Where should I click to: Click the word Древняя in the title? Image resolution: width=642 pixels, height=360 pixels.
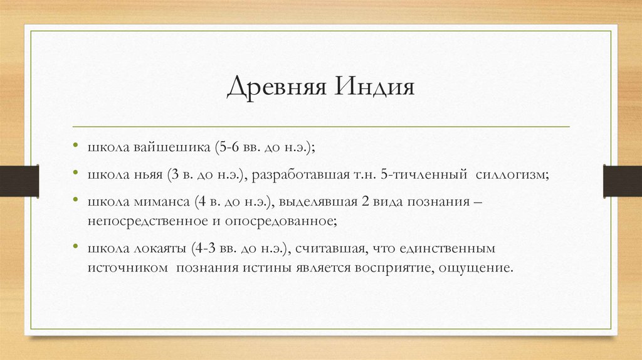[x=276, y=86]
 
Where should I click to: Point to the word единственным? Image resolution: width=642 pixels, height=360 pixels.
[x=442, y=248]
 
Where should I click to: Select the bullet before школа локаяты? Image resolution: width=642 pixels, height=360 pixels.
[x=74, y=248]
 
